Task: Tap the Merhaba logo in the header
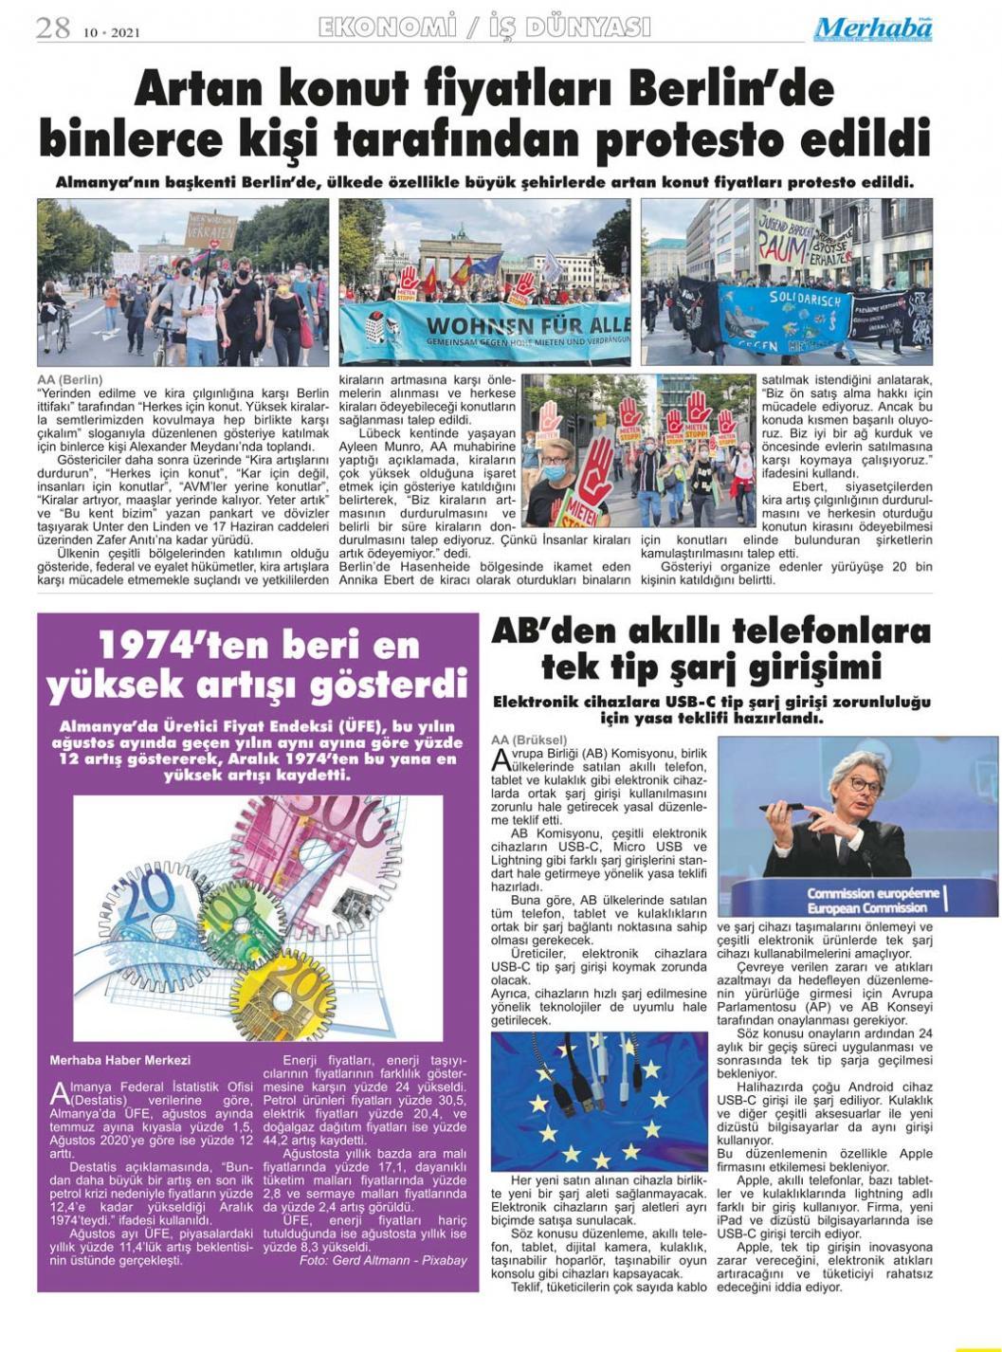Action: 872,29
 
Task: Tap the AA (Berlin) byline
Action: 70,380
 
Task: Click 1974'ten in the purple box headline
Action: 164,647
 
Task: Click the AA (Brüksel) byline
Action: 529,740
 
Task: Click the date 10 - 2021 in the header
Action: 112,32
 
